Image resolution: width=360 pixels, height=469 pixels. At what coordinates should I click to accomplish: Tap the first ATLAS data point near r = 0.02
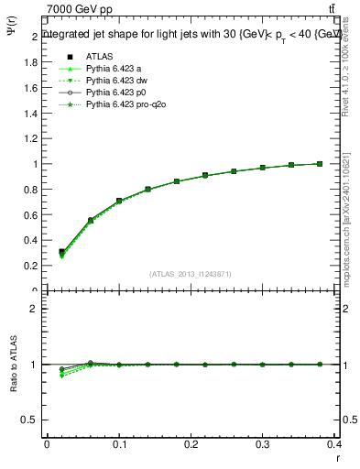tap(61, 252)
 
